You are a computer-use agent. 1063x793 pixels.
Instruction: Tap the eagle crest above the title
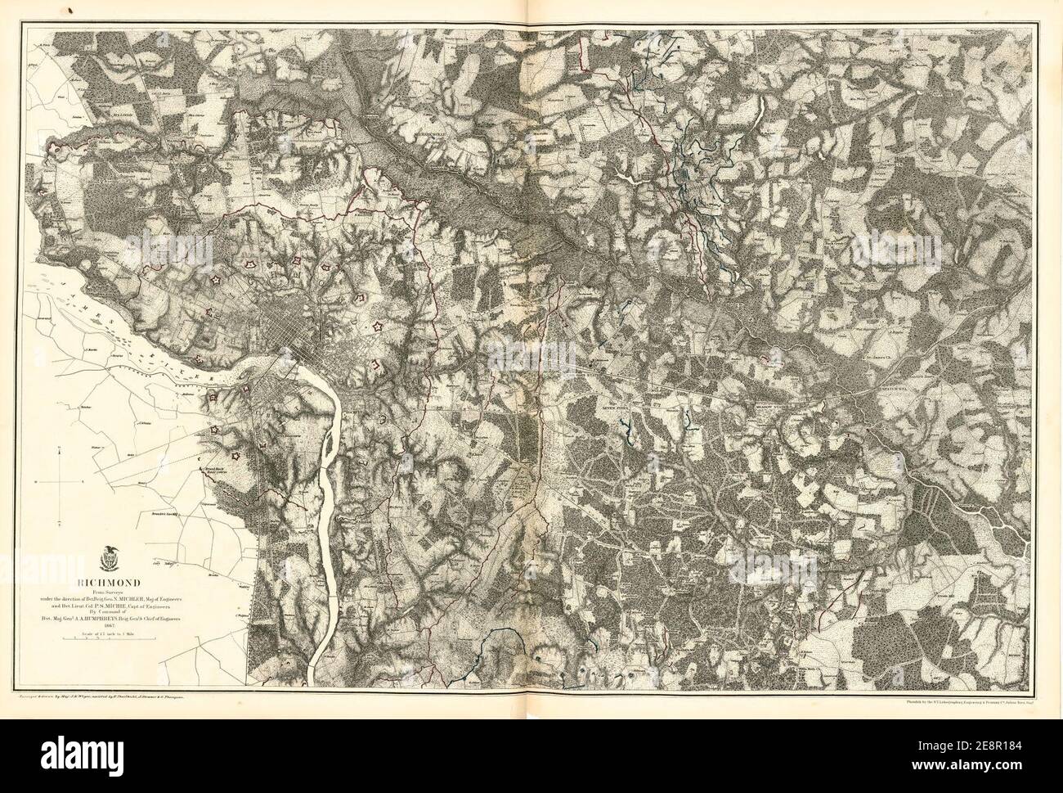tap(107, 562)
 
